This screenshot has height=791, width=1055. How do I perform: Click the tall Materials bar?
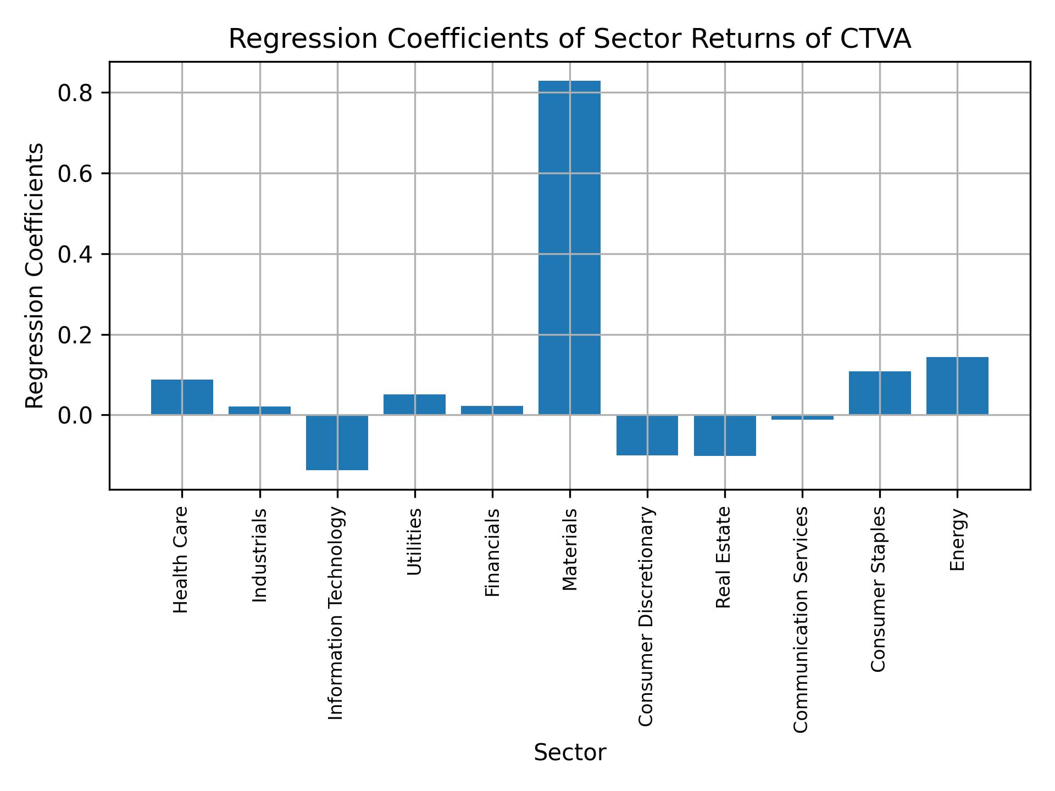click(569, 247)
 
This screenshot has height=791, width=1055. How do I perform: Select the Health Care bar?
click(182, 397)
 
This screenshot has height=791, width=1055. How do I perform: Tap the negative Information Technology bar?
click(337, 442)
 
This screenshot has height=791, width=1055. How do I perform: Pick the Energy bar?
click(957, 386)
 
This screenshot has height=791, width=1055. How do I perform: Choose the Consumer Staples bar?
click(880, 393)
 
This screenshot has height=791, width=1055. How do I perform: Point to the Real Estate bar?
click(725, 435)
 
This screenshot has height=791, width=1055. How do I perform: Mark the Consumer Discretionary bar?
click(647, 435)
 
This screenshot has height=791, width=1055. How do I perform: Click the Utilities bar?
click(414, 404)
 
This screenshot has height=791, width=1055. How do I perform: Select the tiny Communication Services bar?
click(802, 417)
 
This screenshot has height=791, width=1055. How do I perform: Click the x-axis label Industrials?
click(260, 555)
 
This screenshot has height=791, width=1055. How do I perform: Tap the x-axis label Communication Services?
click(801, 619)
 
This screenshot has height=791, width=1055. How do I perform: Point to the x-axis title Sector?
click(569, 753)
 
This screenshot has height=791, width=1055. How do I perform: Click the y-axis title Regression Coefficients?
click(35, 276)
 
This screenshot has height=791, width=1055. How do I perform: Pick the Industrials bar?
click(259, 410)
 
